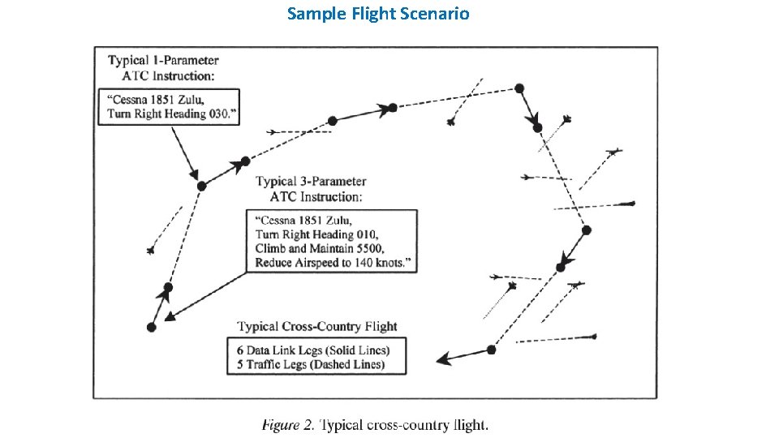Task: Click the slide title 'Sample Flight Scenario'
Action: (x=378, y=14)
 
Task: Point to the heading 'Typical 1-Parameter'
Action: (x=163, y=61)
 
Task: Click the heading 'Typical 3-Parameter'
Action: (x=312, y=182)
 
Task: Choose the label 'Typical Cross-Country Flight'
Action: (x=317, y=326)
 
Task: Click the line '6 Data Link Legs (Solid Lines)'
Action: (x=313, y=350)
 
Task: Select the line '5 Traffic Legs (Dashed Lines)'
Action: (x=311, y=365)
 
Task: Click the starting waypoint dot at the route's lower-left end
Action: (x=152, y=327)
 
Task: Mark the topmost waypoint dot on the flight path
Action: (x=519, y=88)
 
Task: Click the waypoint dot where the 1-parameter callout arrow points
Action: (x=201, y=186)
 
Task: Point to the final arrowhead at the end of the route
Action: (x=442, y=359)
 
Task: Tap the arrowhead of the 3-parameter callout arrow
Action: (x=170, y=318)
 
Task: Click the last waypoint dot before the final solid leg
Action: (x=491, y=350)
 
